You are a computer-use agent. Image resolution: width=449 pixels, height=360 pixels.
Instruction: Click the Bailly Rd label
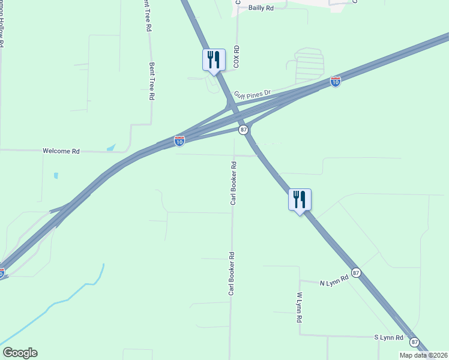pyautogui.click(x=261, y=8)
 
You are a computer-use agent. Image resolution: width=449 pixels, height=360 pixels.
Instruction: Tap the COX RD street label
pyautogui.click(x=237, y=56)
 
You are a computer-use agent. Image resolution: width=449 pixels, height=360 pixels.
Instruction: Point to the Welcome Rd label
pyautogui.click(x=61, y=151)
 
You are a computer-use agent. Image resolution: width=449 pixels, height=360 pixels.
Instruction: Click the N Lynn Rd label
pyautogui.click(x=334, y=281)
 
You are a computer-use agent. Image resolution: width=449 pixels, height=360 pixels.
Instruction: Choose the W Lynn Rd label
pyautogui.click(x=298, y=308)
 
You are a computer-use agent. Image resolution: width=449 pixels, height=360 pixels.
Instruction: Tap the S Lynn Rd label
pyautogui.click(x=389, y=338)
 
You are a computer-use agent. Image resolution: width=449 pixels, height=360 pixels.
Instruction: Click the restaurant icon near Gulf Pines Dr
pyautogui.click(x=214, y=60)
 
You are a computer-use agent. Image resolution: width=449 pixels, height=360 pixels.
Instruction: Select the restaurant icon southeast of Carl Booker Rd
pyautogui.click(x=300, y=200)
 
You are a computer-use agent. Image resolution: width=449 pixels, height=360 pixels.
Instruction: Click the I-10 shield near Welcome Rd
pyautogui.click(x=179, y=141)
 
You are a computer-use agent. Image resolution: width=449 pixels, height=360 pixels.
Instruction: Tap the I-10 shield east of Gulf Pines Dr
pyautogui.click(x=336, y=82)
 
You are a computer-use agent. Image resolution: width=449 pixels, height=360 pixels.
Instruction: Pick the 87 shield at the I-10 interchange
pyautogui.click(x=243, y=130)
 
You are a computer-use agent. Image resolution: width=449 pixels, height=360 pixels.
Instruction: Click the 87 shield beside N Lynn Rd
pyautogui.click(x=357, y=272)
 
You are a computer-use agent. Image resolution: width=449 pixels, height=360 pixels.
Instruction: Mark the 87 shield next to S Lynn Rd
pyautogui.click(x=415, y=341)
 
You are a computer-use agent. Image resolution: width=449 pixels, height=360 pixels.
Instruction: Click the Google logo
pyautogui.click(x=20, y=353)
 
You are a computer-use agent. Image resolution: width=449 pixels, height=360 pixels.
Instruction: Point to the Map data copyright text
pyautogui.click(x=423, y=355)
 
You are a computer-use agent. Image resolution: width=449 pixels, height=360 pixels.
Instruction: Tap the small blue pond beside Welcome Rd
pyautogui.click(x=110, y=147)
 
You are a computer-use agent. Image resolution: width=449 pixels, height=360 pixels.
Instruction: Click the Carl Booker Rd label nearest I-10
pyautogui.click(x=233, y=182)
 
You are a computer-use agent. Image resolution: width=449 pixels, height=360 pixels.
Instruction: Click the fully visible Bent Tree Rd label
pyautogui.click(x=152, y=81)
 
